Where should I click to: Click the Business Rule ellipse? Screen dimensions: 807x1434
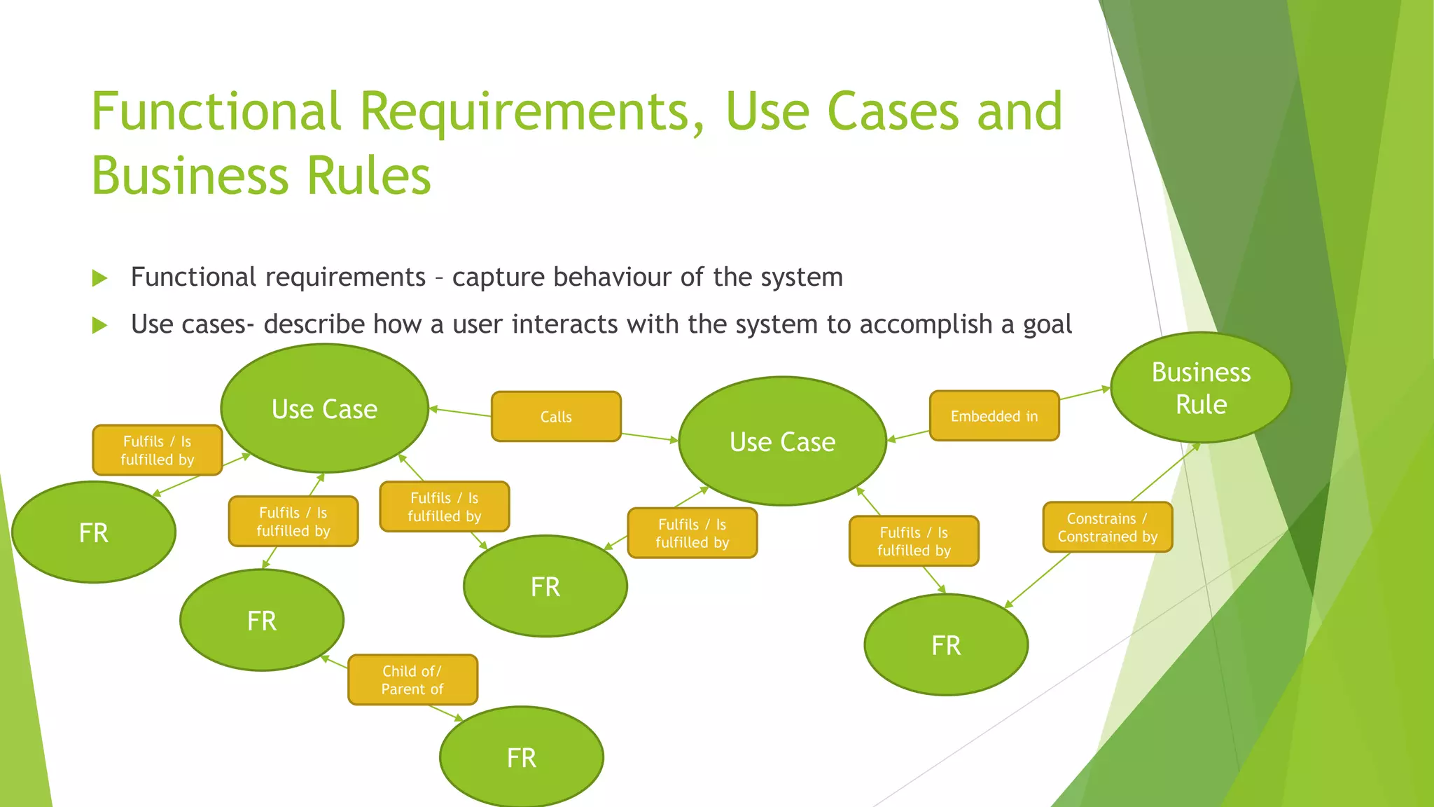[x=1201, y=387]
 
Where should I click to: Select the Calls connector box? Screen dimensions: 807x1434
[x=556, y=417]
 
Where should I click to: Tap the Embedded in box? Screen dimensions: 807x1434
[x=994, y=416]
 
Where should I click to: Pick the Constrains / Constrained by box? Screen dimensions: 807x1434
[x=1107, y=527]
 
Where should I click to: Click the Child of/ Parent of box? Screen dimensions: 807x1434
[x=412, y=680]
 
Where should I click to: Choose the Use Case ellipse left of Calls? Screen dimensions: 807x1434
[x=324, y=408]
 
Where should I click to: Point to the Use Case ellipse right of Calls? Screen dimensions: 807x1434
[x=782, y=441]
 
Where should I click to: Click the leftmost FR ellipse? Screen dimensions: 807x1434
[x=94, y=532]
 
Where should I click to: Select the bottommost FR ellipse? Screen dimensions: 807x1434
[x=522, y=757]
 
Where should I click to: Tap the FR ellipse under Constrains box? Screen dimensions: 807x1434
[x=946, y=645]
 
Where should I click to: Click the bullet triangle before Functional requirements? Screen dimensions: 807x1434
[x=99, y=279]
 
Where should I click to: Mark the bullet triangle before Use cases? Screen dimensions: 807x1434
[x=99, y=325]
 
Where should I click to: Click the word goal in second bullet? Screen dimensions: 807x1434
[x=1047, y=325]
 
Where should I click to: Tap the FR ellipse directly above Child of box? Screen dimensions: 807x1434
[x=262, y=621]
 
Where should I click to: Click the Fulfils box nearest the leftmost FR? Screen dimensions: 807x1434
[x=157, y=450]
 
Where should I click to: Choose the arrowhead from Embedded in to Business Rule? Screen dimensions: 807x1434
[x=1106, y=389]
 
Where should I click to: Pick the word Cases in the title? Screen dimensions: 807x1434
[x=893, y=111]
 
